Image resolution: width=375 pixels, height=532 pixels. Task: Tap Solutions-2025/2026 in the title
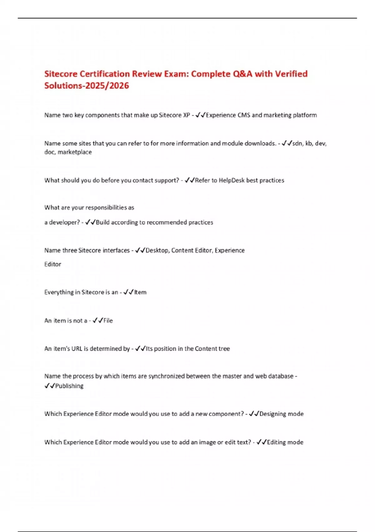[x=87, y=86]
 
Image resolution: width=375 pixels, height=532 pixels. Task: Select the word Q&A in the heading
[x=242, y=74]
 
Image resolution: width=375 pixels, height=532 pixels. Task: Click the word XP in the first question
[x=186, y=115]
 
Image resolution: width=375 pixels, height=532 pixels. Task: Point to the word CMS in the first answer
[x=244, y=115]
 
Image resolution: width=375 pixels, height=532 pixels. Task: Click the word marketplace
[x=75, y=152]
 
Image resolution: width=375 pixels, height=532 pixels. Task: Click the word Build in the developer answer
[x=102, y=222]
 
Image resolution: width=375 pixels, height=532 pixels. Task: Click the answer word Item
[x=140, y=292]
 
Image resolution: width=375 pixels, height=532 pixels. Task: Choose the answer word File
[x=108, y=320]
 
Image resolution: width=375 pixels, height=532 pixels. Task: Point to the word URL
[x=77, y=349]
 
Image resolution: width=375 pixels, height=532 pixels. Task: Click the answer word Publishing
[x=69, y=386]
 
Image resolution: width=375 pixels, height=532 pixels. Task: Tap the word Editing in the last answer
[x=276, y=442]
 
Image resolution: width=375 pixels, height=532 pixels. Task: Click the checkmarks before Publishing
[x=50, y=386]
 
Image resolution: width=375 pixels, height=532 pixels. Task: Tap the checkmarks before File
[x=98, y=320]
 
